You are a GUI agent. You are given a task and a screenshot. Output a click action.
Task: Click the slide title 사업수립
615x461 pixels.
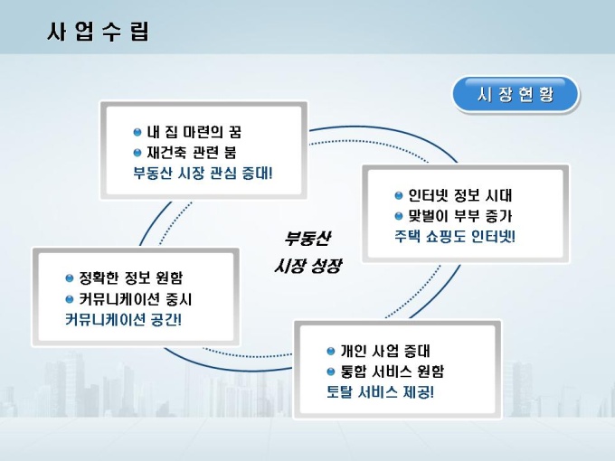[98, 33]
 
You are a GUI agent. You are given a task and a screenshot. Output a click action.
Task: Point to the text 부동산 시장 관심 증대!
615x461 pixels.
[203, 173]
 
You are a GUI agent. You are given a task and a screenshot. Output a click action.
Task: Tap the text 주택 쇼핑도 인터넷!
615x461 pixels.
[455, 237]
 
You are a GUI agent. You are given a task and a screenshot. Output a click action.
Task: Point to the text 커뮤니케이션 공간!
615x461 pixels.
[123, 319]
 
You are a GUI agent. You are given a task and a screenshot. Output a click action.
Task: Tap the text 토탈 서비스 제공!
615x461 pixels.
[380, 392]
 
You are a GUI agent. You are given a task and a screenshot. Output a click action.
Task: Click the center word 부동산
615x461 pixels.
[307, 239]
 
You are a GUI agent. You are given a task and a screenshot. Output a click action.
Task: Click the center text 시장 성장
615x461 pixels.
[307, 267]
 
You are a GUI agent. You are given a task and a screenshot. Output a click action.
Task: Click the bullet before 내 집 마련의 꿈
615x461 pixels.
[137, 132]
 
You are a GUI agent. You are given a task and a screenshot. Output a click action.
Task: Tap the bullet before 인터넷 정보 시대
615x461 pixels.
[399, 195]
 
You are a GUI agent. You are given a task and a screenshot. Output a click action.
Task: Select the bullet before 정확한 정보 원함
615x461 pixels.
[70, 278]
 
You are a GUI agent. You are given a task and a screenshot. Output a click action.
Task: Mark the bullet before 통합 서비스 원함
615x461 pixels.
[331, 372]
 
